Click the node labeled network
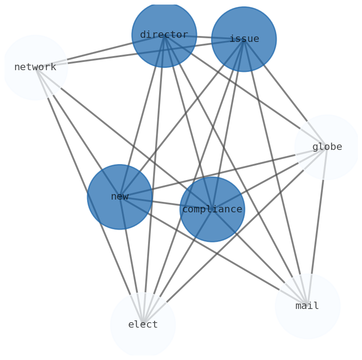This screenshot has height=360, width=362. point(35,67)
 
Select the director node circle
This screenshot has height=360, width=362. point(164,35)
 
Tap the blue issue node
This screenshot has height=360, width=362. point(244,39)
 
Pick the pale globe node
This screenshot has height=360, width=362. point(327,147)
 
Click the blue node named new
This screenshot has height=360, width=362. point(120,197)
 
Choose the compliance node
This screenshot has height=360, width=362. point(212,210)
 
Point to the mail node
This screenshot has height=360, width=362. point(308,306)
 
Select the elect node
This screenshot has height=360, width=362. point(143,325)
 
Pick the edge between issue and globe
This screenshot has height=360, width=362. point(285,93)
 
